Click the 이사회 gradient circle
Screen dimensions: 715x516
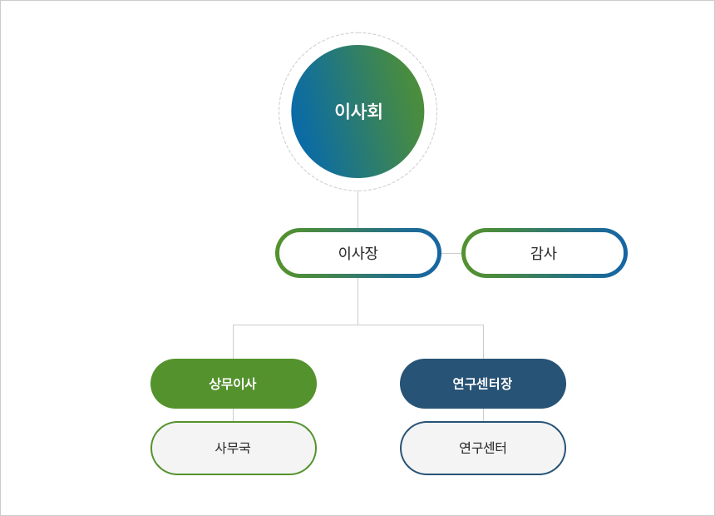click(x=358, y=112)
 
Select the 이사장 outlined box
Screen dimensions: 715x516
click(x=358, y=252)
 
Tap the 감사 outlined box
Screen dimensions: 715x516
click(x=545, y=252)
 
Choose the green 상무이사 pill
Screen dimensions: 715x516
click(x=234, y=384)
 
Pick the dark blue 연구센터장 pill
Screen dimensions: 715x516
click(x=483, y=384)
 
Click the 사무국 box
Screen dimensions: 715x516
click(x=234, y=448)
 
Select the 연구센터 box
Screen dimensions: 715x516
click(x=483, y=448)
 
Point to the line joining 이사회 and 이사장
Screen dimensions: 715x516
click(x=358, y=210)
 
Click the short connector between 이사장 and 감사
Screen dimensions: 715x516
click(x=451, y=253)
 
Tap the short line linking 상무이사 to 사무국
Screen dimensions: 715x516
click(x=234, y=414)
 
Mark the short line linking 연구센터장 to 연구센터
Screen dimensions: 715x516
click(x=483, y=414)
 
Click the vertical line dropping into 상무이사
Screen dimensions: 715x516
click(x=234, y=342)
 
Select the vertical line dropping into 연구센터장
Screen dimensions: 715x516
click(x=483, y=342)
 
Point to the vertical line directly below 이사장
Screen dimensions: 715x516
click(x=358, y=301)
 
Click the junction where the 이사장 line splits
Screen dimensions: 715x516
click(x=358, y=325)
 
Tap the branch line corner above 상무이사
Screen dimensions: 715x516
click(x=234, y=325)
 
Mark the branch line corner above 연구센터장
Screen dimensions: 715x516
click(x=483, y=325)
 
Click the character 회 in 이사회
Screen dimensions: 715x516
click(x=374, y=112)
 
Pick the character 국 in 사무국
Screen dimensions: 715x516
click(x=245, y=448)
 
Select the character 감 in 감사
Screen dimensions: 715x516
click(x=538, y=252)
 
